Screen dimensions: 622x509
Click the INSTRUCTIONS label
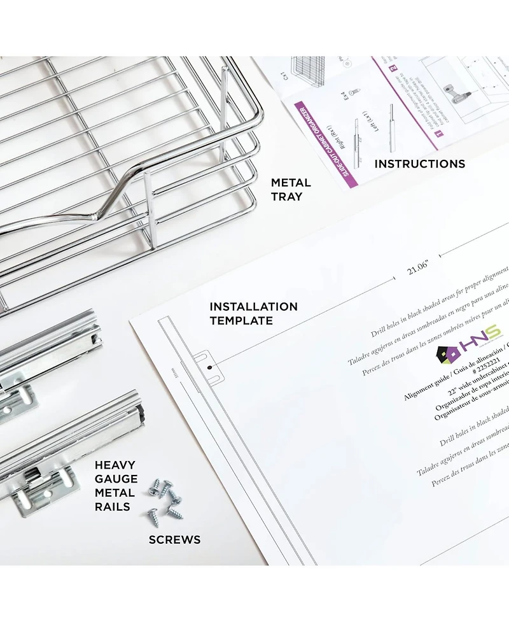coord(419,164)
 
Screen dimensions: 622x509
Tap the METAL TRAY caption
coord(291,189)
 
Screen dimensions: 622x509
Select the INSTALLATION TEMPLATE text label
coord(253,313)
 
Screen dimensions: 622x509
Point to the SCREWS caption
coord(174,540)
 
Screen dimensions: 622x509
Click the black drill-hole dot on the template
coord(209,367)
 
